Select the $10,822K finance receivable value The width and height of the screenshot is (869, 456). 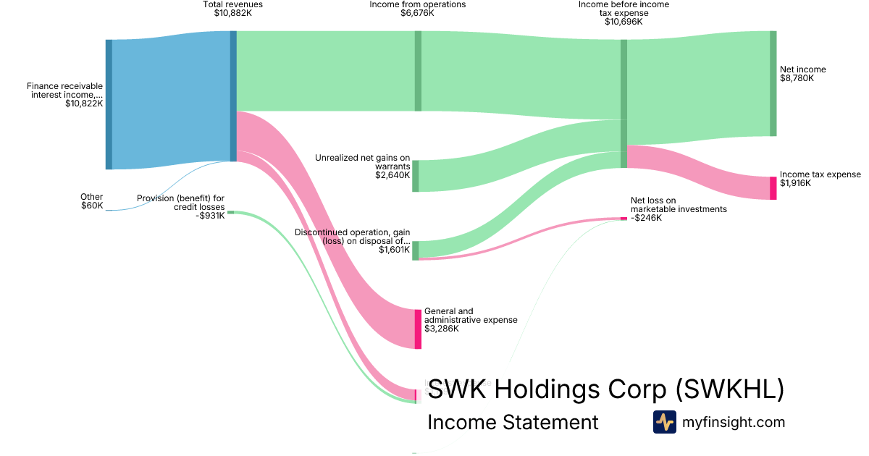85,104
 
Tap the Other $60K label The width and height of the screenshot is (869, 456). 92,201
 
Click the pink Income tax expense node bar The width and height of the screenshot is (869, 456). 773,188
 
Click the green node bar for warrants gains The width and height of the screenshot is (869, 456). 416,176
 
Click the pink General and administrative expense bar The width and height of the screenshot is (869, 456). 418,329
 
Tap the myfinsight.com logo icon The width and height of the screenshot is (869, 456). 665,422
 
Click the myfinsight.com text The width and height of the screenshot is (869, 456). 734,422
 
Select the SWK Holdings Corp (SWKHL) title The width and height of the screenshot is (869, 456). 606,389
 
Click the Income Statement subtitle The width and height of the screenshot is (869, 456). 513,422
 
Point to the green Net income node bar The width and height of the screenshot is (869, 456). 773,83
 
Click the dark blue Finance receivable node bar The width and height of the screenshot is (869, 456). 109,104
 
